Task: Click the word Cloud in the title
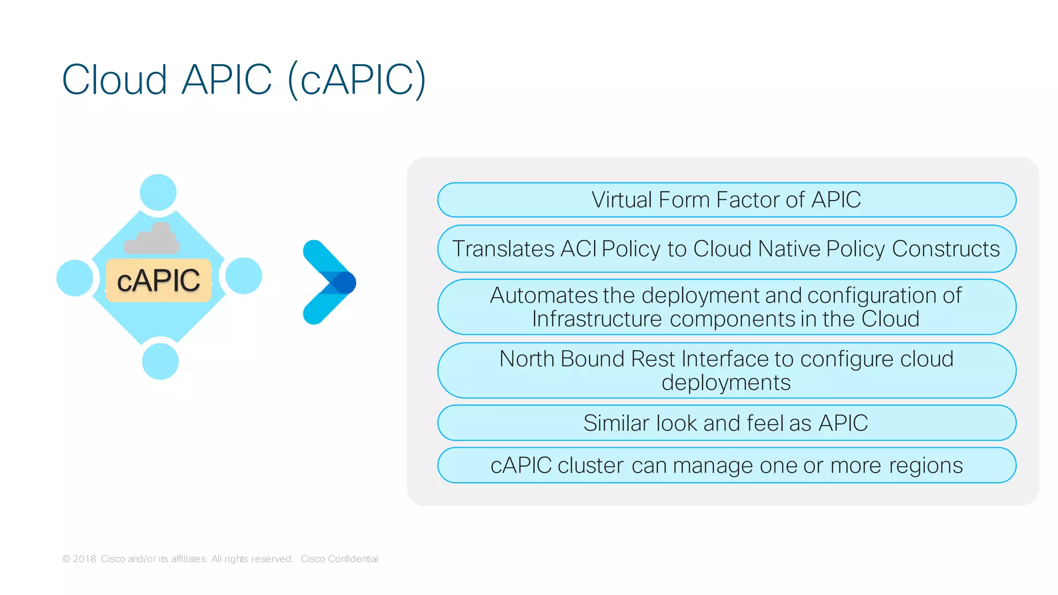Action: tap(115, 80)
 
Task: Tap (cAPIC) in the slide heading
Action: tap(357, 80)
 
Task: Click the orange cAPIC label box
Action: tap(159, 281)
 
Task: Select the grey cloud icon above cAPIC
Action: tap(152, 239)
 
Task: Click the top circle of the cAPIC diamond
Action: tap(158, 192)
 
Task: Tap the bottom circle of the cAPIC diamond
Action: tap(160, 361)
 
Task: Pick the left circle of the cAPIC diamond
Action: tap(75, 278)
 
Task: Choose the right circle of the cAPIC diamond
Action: tap(243, 276)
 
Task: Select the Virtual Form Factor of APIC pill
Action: tap(726, 200)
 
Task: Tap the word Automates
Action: tap(543, 296)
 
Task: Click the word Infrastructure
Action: tap(597, 319)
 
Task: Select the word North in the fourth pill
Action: tap(526, 359)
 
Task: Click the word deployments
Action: tap(726, 383)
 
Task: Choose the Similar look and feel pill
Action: tap(726, 423)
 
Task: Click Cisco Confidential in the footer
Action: tap(339, 559)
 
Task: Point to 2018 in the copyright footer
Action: tap(84, 559)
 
